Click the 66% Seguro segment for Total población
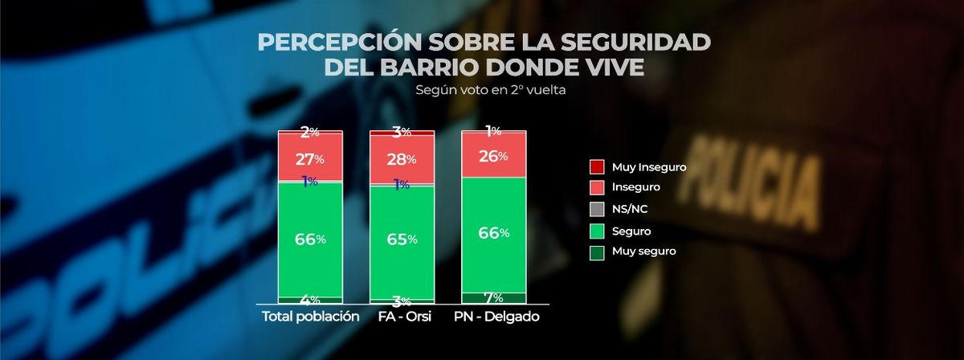pyautogui.click(x=310, y=239)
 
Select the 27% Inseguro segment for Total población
pyautogui.click(x=310, y=158)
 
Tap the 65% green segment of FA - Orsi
pyautogui.click(x=402, y=239)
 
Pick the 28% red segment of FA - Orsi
pyautogui.click(x=402, y=159)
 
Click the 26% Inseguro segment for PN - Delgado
pyautogui.click(x=493, y=156)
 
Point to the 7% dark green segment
pyautogui.click(x=493, y=298)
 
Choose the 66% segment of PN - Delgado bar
pyautogui.click(x=493, y=233)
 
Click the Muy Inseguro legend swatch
pyautogui.click(x=597, y=167)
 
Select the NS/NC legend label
pyautogui.click(x=630, y=209)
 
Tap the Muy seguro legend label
pyautogui.click(x=643, y=251)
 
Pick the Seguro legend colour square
pyautogui.click(x=597, y=230)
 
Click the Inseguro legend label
pyautogui.click(x=636, y=187)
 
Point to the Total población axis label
pyautogui.click(x=310, y=317)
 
